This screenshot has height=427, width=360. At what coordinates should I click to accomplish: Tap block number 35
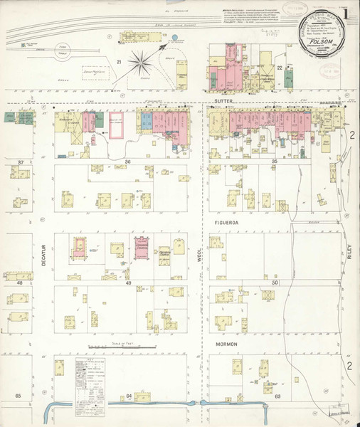click(274, 163)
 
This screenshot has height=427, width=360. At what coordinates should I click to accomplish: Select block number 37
click(21, 163)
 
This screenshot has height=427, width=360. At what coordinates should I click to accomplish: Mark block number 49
click(128, 284)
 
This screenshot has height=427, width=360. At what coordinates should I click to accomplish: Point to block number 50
click(274, 284)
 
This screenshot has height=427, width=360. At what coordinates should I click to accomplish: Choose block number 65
click(21, 395)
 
